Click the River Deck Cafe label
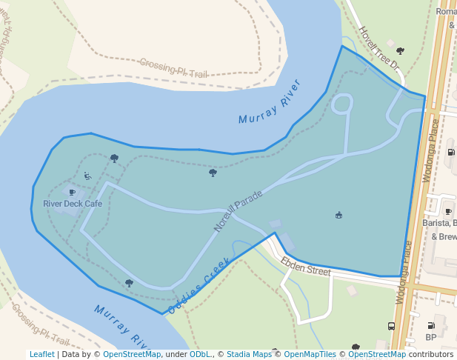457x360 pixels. click(73, 204)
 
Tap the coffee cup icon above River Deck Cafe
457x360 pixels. click(72, 193)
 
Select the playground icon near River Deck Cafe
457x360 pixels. click(87, 176)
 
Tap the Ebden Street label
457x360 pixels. click(305, 267)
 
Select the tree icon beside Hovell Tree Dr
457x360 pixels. click(400, 51)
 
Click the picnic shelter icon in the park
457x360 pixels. click(339, 215)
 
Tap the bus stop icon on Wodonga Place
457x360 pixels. click(391, 326)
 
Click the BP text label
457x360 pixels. click(431, 337)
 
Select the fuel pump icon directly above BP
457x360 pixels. click(431, 325)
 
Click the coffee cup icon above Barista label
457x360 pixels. click(448, 212)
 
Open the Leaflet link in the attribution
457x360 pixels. click(41, 355)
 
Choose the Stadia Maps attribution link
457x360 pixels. click(249, 355)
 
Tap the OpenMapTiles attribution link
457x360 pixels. click(308, 355)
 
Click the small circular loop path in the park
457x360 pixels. click(341, 104)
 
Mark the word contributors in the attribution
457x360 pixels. click(431, 355)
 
